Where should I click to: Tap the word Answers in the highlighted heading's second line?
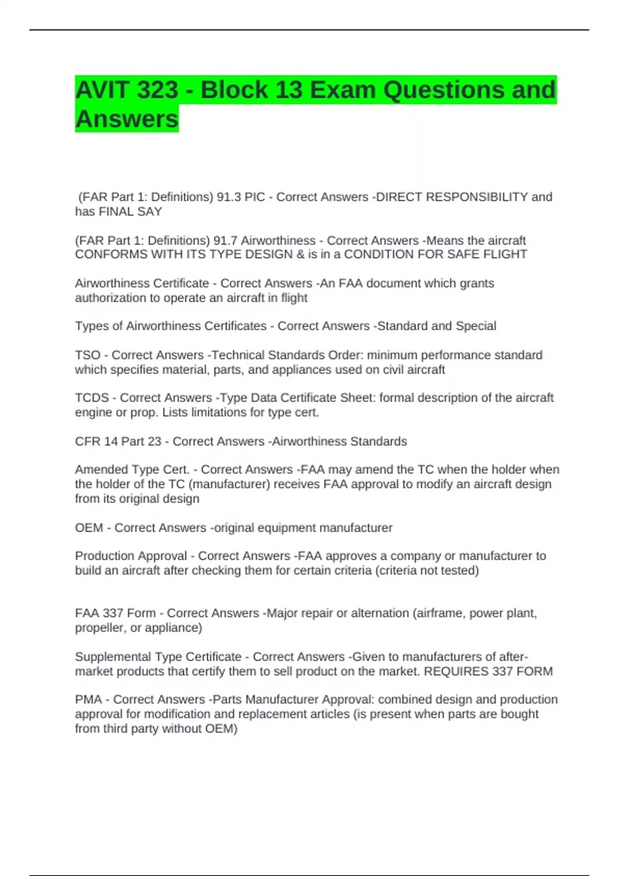pos(127,119)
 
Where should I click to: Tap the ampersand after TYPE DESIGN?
pos(300,255)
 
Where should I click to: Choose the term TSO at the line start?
pos(88,355)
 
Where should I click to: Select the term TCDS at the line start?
pos(92,398)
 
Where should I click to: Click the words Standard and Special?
pos(437,326)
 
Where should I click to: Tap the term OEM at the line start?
pos(89,528)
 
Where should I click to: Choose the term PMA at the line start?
pos(88,699)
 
